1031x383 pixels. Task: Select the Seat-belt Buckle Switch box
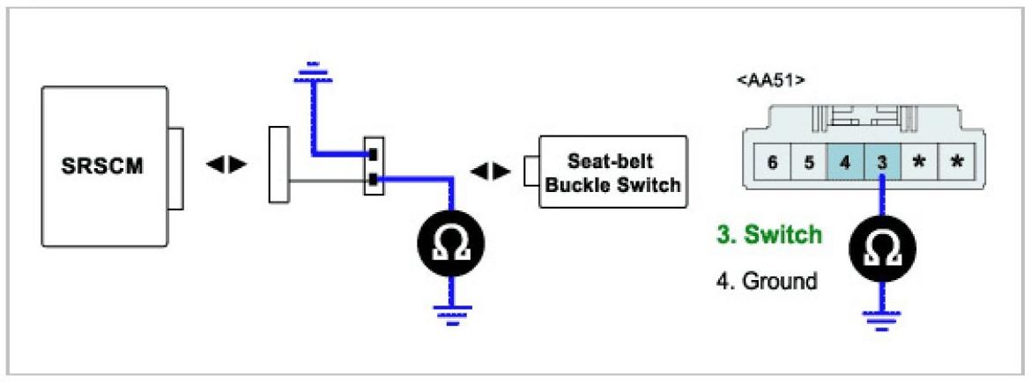tap(613, 171)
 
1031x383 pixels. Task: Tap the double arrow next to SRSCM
tap(226, 166)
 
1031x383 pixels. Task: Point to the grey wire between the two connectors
tap(326, 182)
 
